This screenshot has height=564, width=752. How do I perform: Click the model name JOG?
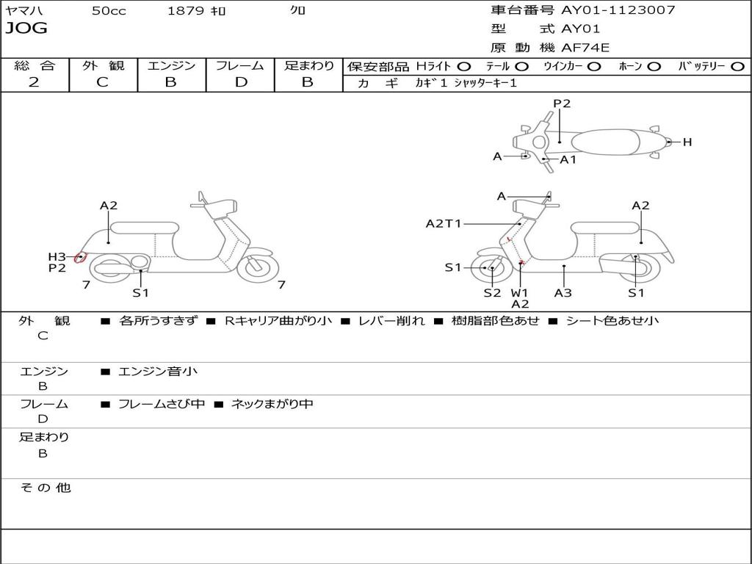tap(26, 28)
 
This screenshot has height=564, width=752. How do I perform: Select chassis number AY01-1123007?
tap(618, 10)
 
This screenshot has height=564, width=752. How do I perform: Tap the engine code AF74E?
tap(585, 48)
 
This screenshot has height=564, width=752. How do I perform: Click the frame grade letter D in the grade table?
tap(241, 82)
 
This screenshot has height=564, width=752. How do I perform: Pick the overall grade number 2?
tap(34, 82)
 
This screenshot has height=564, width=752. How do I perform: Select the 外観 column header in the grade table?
tap(104, 65)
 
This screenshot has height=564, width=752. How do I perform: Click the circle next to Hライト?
tap(464, 67)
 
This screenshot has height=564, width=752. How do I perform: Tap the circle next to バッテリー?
tap(737, 67)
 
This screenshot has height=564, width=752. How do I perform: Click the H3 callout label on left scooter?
tap(57, 257)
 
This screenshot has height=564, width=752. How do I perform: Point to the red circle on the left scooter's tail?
tap(80, 258)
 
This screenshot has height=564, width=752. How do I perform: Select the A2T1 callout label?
tap(443, 223)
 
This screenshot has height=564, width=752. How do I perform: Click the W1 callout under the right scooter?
tap(519, 292)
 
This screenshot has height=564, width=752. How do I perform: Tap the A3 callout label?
tap(563, 292)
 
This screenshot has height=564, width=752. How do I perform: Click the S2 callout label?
tap(492, 292)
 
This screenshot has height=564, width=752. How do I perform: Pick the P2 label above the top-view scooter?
tap(562, 104)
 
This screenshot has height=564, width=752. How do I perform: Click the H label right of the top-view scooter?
tap(687, 142)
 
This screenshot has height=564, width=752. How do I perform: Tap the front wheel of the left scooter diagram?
tap(258, 267)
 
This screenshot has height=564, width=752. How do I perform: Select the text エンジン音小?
tap(157, 371)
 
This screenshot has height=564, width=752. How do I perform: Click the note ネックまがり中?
tap(272, 404)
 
